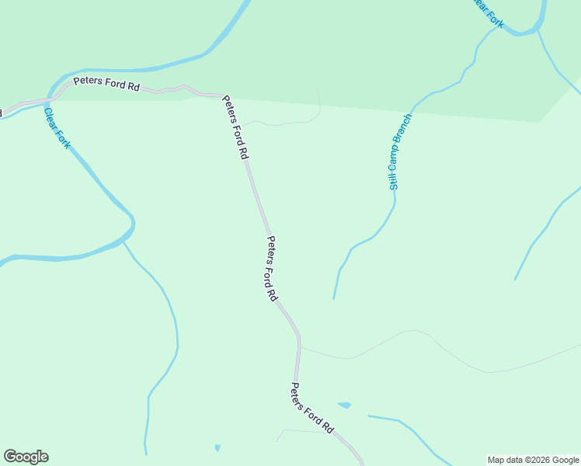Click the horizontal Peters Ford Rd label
pos(106,85)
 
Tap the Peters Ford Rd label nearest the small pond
pos(312,408)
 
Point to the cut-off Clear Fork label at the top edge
pos(489,13)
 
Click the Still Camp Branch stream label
pos(399,152)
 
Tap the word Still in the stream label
pos(394,181)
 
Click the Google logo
pos(26,457)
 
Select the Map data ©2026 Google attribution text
pos(533,460)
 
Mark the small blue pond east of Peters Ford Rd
pos(344,405)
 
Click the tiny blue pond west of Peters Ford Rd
pos(217,447)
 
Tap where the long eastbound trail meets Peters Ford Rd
pos(300,347)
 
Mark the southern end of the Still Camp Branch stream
pos(334,297)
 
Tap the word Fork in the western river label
pos(62,138)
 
